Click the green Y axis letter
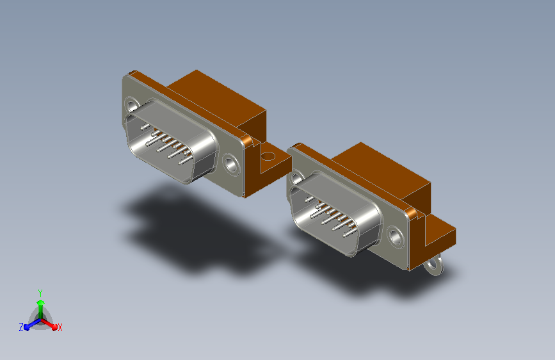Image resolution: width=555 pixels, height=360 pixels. click(x=40, y=293)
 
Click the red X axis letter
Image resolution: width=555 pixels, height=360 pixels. click(x=60, y=327)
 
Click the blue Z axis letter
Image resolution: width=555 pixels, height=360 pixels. click(x=21, y=327)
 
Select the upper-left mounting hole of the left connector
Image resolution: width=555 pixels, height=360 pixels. click(x=132, y=106)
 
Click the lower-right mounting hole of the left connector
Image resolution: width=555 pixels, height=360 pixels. click(x=231, y=165)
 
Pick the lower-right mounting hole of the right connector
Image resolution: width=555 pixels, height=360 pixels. click(x=396, y=236)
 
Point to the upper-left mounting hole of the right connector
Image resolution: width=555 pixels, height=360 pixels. click(x=296, y=178)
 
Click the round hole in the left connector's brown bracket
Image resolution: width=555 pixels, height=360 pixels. click(x=268, y=156)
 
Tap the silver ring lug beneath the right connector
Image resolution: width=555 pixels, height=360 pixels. click(x=434, y=265)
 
